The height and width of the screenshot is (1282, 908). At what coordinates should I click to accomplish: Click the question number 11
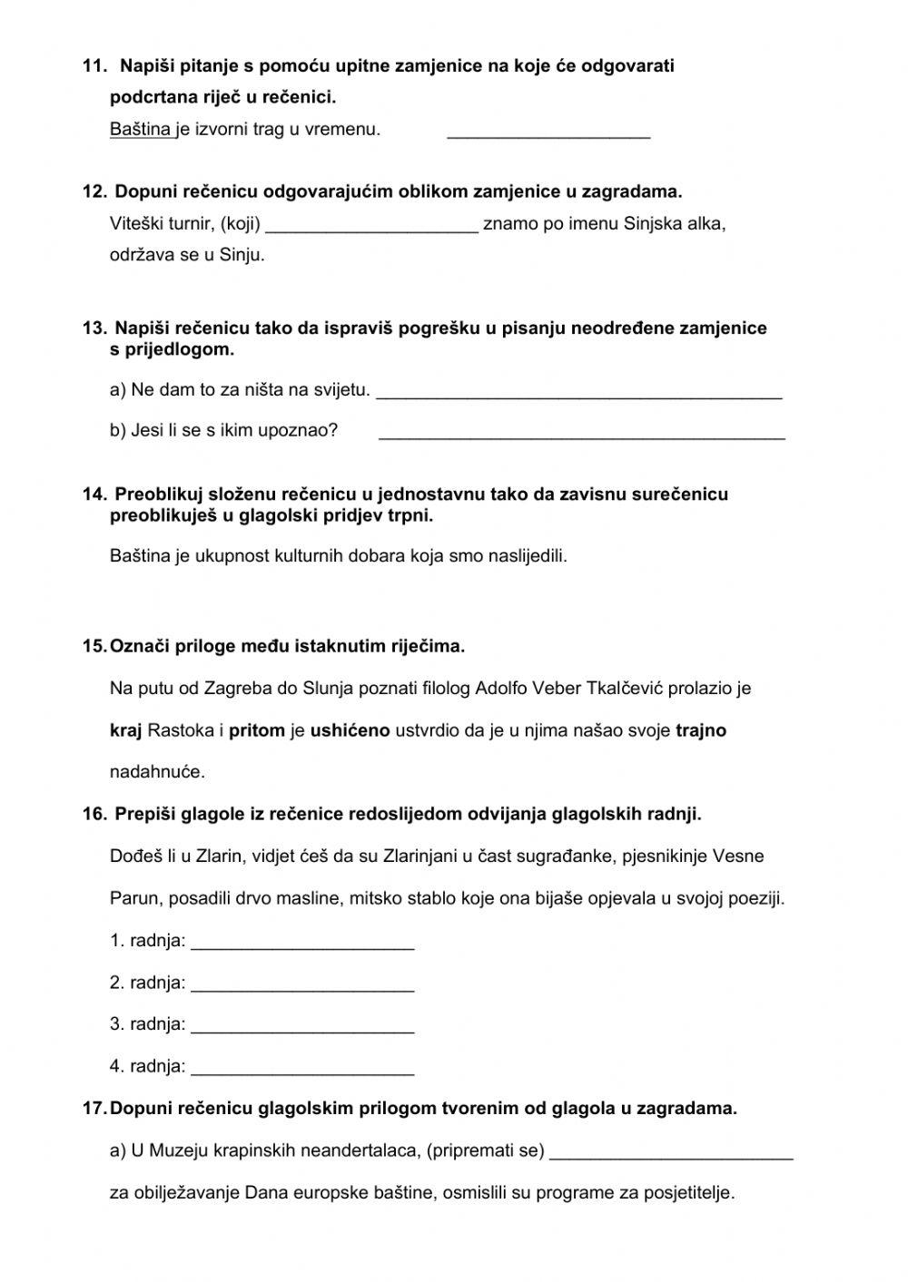coord(94,66)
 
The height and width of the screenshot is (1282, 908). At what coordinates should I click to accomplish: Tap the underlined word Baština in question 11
coord(140,130)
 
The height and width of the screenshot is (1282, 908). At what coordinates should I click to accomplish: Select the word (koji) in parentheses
coord(241,224)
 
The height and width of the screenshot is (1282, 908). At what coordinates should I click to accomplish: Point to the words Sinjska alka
coord(674,224)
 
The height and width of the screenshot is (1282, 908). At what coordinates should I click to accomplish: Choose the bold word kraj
coord(126,730)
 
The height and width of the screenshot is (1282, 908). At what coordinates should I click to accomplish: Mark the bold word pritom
coord(256,730)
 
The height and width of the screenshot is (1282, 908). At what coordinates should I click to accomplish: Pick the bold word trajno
coord(701,730)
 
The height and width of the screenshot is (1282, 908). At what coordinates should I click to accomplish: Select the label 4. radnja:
coord(147,1066)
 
